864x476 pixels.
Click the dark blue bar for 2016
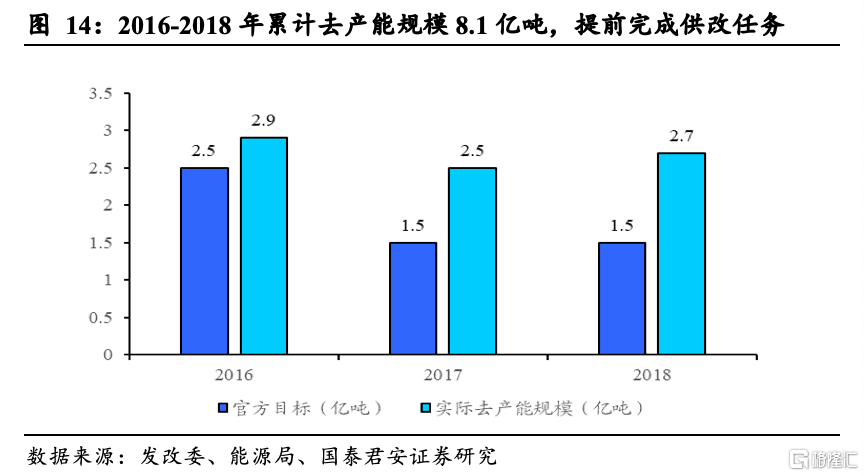coord(204,261)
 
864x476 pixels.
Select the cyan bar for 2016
coord(263,246)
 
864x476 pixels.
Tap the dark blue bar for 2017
coord(413,298)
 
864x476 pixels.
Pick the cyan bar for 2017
coord(472,261)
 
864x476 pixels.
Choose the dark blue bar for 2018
coord(622,298)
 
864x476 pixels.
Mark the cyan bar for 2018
coord(681,254)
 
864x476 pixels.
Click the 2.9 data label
coord(263,121)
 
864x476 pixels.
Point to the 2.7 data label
coord(681,136)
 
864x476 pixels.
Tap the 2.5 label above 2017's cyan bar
coord(472,151)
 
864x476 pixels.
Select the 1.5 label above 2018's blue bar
coord(622,225)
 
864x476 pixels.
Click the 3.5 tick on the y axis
coord(100,94)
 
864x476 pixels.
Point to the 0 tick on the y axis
coord(107,355)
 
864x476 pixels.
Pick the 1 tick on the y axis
coord(107,280)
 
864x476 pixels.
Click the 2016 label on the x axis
coord(233,375)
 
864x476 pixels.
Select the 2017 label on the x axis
coord(443,375)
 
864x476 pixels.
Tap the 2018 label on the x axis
coord(652,375)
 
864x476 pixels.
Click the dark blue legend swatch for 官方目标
coord(224,409)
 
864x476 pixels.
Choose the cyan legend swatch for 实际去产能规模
coord(426,409)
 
